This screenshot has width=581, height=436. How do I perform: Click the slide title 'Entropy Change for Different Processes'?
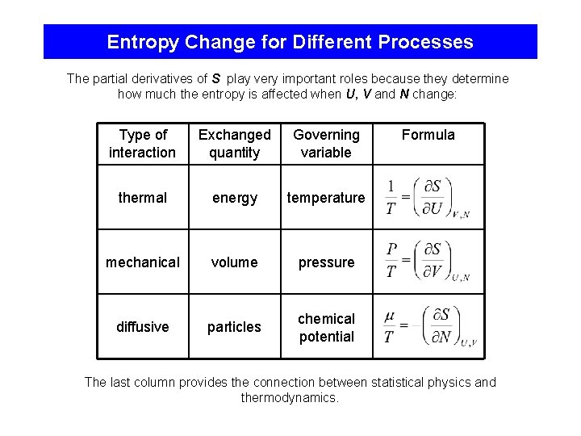tap(290, 42)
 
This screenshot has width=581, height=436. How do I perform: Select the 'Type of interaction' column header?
tap(142, 144)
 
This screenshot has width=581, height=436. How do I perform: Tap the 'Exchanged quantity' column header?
tap(234, 144)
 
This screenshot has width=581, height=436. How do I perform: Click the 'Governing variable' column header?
tap(326, 144)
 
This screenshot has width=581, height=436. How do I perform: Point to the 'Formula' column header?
tap(428, 135)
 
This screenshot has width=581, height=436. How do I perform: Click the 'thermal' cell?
tap(142, 198)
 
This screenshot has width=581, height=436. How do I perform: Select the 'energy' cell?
tap(234, 198)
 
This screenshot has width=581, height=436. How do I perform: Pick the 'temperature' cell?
tap(326, 198)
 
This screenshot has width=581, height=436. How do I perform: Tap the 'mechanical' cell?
tap(142, 262)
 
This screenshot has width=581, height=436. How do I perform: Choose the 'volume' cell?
tap(234, 262)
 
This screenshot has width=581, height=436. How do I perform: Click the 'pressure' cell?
tap(326, 262)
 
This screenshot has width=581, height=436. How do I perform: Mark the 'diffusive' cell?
tap(142, 327)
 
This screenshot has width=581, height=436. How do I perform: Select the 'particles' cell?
tap(234, 327)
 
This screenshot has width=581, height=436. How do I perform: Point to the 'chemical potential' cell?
tap(326, 328)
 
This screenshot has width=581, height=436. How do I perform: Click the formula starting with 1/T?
tap(426, 198)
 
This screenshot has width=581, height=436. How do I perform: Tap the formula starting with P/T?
tap(426, 260)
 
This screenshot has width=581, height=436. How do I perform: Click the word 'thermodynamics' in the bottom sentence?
tap(290, 398)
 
